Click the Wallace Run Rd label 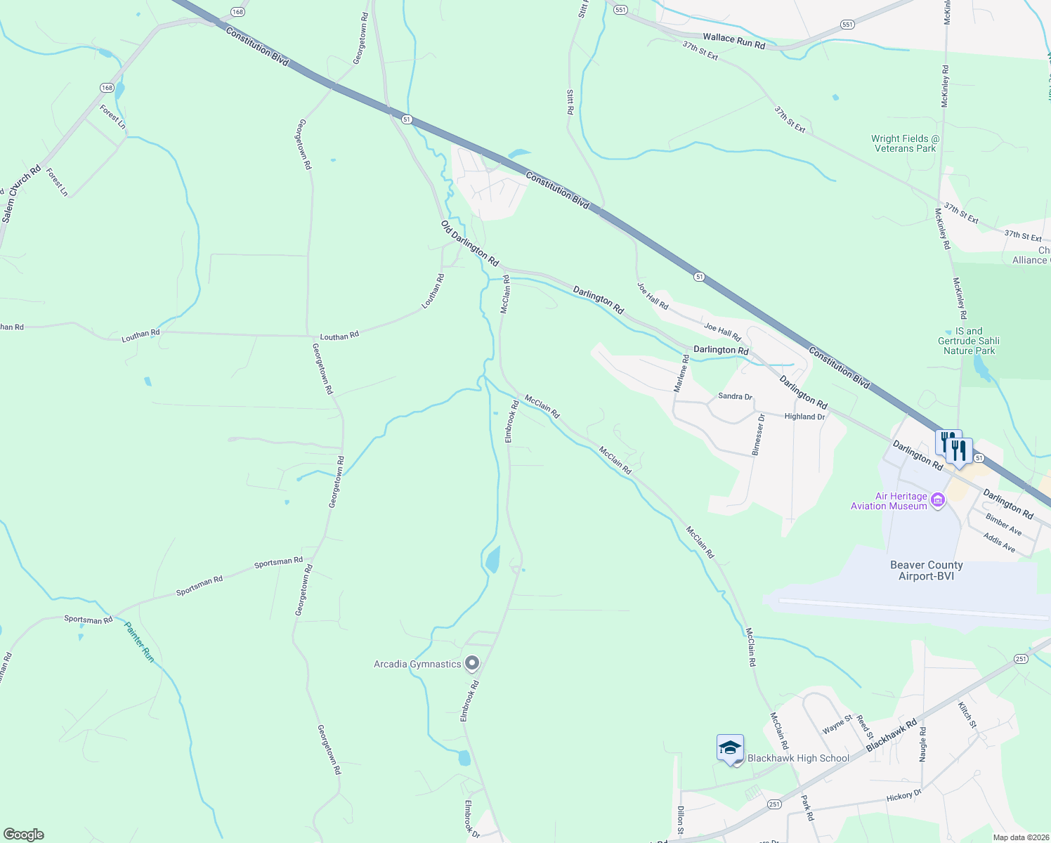click(x=733, y=41)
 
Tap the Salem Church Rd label click(x=22, y=195)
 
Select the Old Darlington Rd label click(x=469, y=243)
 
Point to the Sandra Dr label click(x=735, y=396)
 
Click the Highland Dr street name click(x=804, y=417)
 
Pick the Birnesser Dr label click(x=757, y=434)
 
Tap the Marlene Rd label click(x=680, y=373)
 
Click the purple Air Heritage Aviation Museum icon click(x=937, y=501)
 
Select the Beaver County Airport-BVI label click(x=926, y=570)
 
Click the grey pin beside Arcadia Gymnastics click(x=472, y=663)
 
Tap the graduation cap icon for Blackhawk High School click(x=730, y=747)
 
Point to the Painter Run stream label click(x=139, y=641)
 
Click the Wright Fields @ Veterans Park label click(x=905, y=143)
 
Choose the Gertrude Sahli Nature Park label click(x=968, y=341)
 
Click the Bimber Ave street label click(x=1003, y=524)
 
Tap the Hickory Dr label click(x=903, y=796)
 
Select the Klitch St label click(x=967, y=714)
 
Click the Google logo click(x=23, y=835)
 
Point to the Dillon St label click(x=681, y=816)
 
